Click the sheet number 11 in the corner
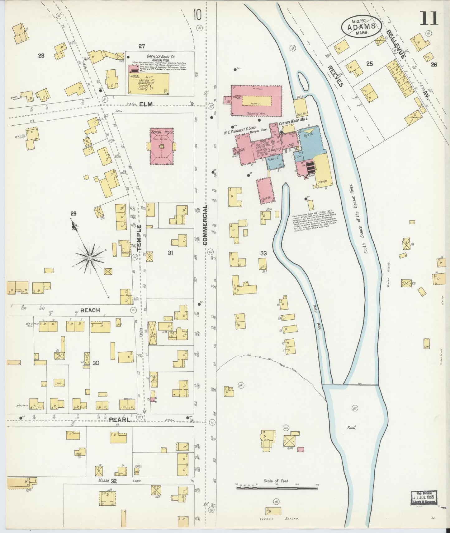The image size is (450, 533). coord(429,18)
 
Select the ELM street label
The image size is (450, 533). coord(146,104)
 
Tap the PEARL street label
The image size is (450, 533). coord(119,420)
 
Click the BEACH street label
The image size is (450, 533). coord(90,310)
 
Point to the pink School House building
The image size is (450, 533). coord(161,146)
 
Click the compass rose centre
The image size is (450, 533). coord(90,258)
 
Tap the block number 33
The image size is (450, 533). coord(263,253)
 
